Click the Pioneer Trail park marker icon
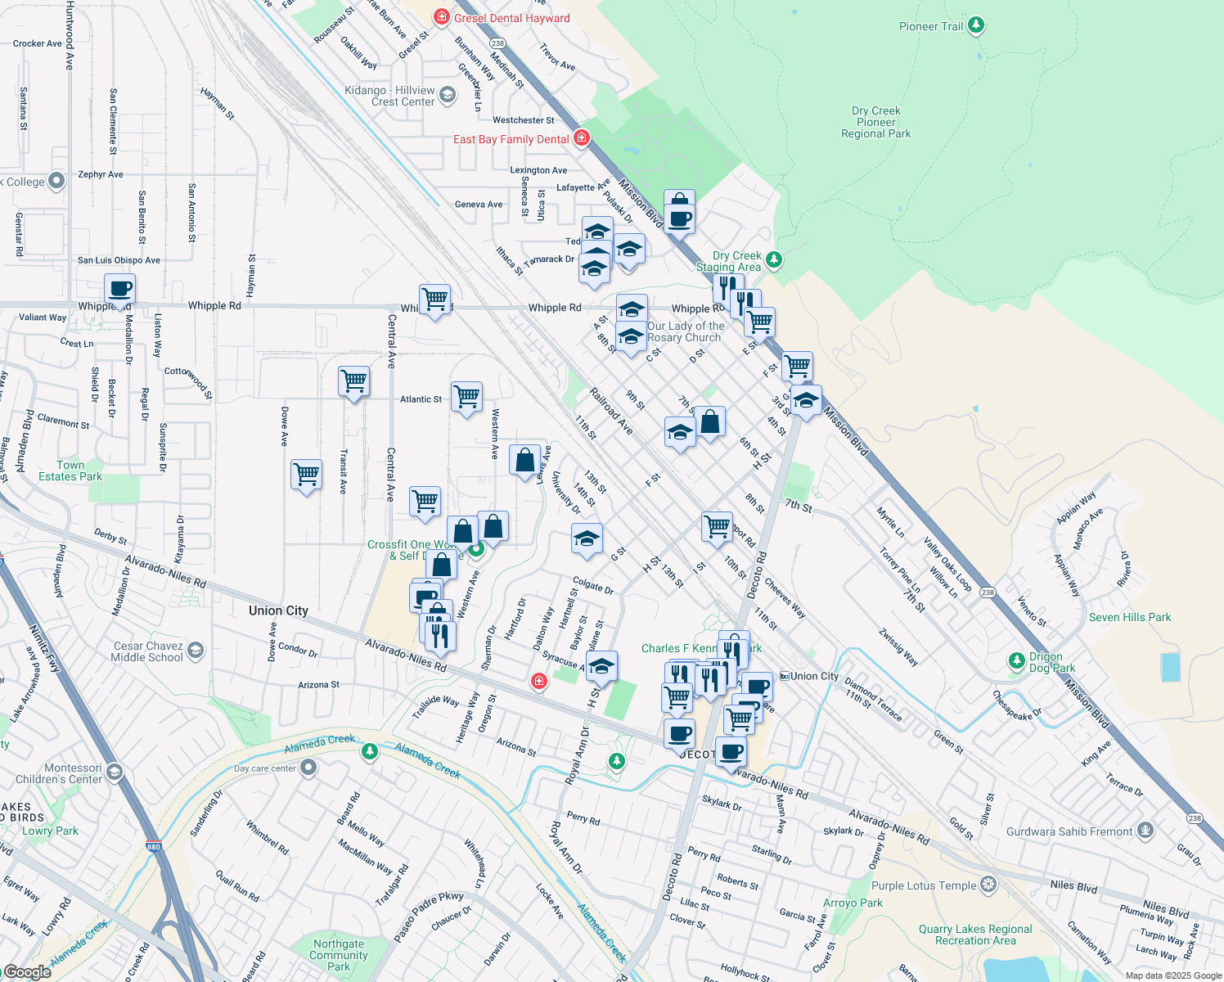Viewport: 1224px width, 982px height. tap(975, 25)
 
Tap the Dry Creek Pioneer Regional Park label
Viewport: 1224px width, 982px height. tap(875, 122)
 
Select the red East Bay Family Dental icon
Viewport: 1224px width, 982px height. tap(582, 137)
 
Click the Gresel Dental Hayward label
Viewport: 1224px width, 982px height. tap(511, 18)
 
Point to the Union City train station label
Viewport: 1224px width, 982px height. tap(814, 676)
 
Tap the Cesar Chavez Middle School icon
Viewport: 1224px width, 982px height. tap(196, 651)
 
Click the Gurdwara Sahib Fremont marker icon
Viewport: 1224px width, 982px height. tap(1145, 831)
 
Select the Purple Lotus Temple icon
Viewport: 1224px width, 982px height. tap(988, 885)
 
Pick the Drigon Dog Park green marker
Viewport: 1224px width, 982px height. tap(1016, 660)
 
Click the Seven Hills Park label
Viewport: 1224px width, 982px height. tap(1129, 617)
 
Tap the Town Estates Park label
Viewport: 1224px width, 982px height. tap(70, 471)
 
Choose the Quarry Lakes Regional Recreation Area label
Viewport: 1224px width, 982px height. tap(974, 935)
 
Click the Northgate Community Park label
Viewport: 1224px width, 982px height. tap(339, 955)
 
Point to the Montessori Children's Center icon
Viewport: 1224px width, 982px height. tap(115, 772)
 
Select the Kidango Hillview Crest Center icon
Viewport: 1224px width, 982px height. tap(447, 95)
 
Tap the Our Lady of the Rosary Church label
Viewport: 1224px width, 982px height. tap(685, 331)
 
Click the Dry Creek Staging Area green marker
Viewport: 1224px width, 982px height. tap(773, 260)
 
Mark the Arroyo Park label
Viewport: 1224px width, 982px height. tap(853, 903)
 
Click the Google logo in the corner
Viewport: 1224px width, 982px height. tap(27, 972)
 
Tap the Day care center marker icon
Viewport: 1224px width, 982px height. tap(308, 768)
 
